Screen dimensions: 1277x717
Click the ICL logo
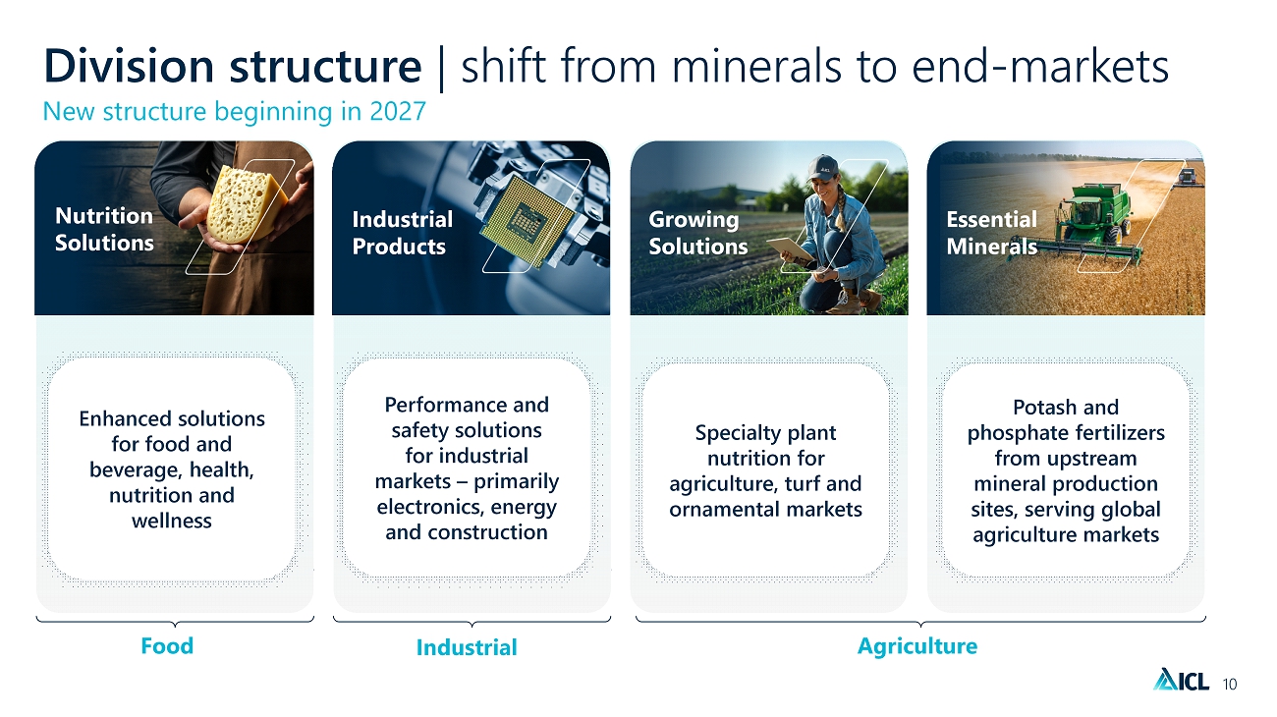pyautogui.click(x=1181, y=680)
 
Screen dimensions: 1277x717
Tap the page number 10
pyautogui.click(x=1230, y=684)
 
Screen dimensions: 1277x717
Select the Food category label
pyautogui.click(x=167, y=645)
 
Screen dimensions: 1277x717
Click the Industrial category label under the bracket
pyautogui.click(x=467, y=647)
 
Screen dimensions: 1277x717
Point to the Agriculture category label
pyautogui.click(x=917, y=646)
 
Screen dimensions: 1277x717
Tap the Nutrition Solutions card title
pyautogui.click(x=104, y=229)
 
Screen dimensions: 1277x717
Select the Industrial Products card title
pyautogui.click(x=403, y=233)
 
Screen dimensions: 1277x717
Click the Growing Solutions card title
pyautogui.click(x=697, y=233)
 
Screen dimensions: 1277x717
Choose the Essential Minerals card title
pyautogui.click(x=991, y=233)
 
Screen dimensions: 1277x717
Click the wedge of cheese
pyautogui.click(x=246, y=205)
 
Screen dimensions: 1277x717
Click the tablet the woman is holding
pyautogui.click(x=790, y=248)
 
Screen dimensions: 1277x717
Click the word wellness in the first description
pyautogui.click(x=172, y=521)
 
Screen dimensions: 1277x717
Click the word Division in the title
pyautogui.click(x=129, y=66)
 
